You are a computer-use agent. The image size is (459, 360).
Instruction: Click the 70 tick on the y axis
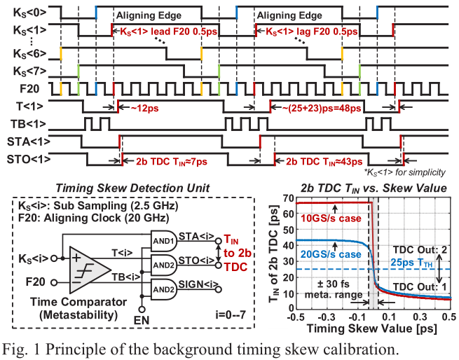285,199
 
